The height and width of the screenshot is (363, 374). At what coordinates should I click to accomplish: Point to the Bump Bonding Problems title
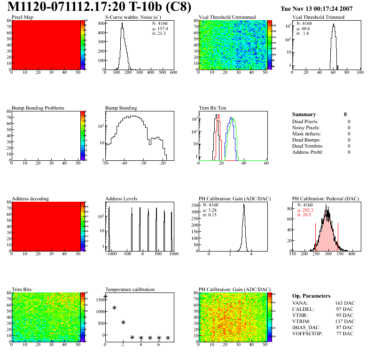[38, 108]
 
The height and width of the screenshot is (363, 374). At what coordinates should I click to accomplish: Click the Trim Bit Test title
[212, 108]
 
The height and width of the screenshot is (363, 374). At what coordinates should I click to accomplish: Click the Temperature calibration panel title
[130, 290]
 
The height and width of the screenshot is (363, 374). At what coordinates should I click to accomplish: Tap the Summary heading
[304, 114]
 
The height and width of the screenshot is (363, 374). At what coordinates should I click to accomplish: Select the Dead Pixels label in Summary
[305, 122]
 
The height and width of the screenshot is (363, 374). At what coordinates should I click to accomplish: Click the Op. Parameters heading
[311, 296]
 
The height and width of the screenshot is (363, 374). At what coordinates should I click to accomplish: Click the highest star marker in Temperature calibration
[105, 297]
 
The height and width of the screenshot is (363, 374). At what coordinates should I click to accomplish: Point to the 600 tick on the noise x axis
[173, 73]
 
